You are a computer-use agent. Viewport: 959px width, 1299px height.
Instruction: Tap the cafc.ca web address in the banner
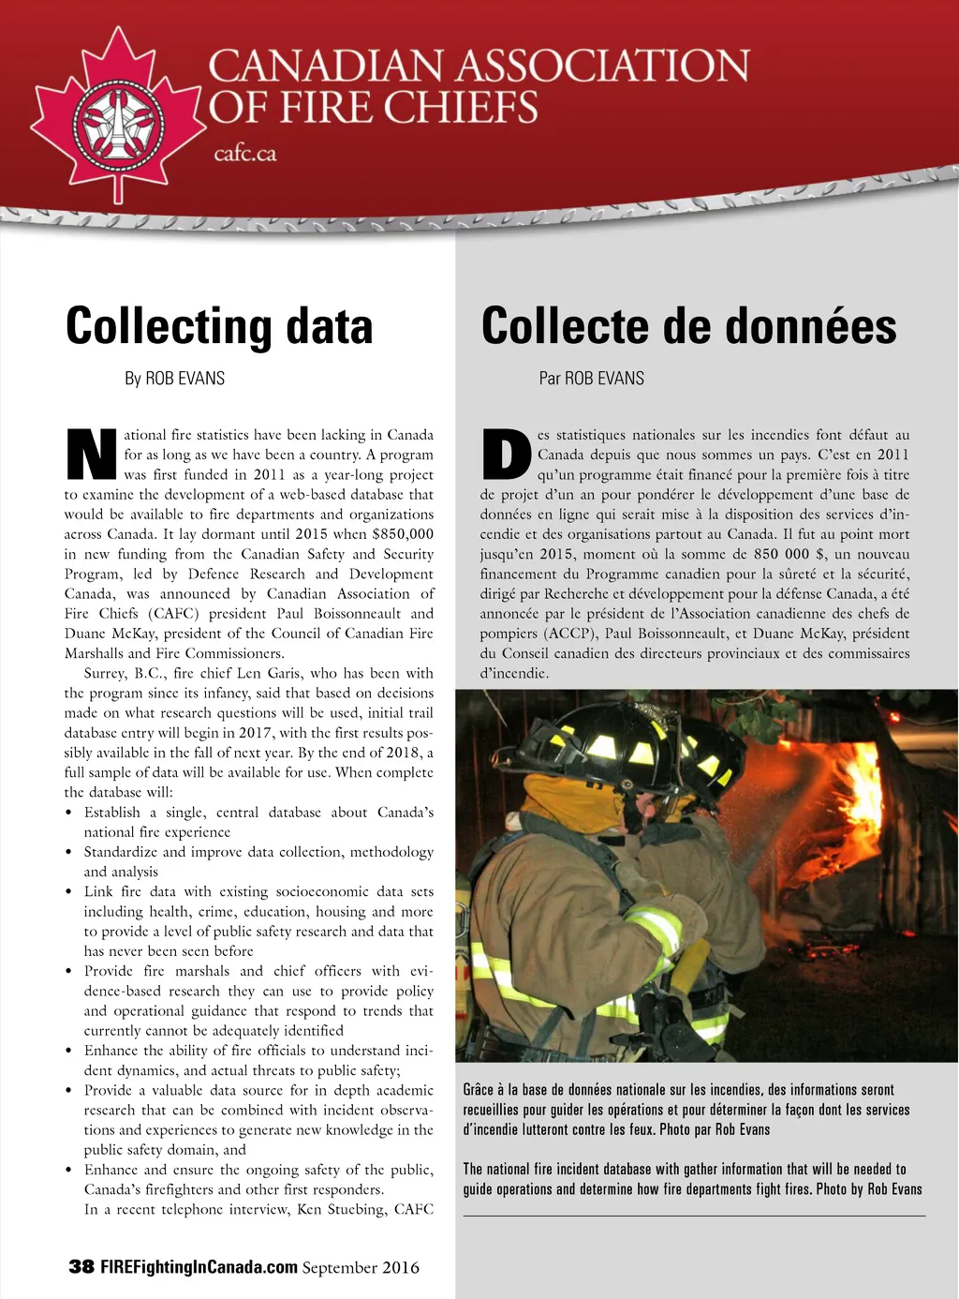point(244,154)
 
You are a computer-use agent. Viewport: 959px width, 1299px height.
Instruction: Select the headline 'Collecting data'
point(219,326)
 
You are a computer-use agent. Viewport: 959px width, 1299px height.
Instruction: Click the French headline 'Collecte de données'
point(688,326)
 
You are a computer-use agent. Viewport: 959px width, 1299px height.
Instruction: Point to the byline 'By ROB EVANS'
point(174,379)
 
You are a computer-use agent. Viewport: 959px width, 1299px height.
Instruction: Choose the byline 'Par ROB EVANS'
point(591,379)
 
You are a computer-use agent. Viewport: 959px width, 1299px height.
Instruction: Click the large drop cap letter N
point(92,455)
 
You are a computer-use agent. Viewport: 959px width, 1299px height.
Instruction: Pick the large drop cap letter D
point(506,455)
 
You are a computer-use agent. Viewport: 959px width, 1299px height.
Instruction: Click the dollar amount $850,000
point(403,534)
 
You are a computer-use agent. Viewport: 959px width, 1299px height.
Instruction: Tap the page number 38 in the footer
point(81,1267)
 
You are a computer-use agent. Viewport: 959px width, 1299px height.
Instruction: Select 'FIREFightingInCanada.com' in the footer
point(199,1267)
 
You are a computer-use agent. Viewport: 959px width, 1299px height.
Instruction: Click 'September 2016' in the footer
point(361,1267)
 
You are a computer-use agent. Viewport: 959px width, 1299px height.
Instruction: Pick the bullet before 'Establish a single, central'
point(68,813)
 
